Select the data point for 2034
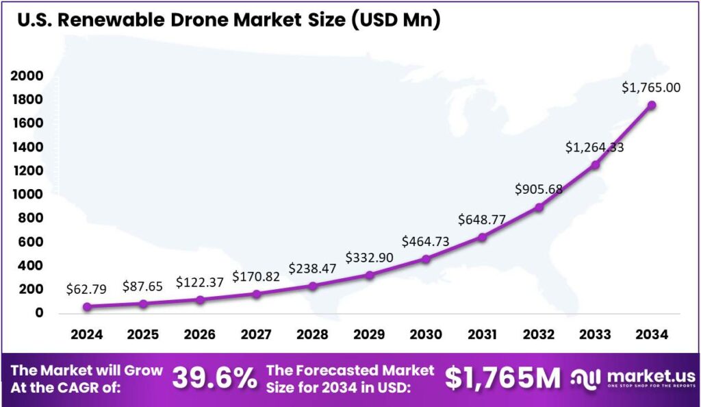tap(652, 105)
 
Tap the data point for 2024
tap(87, 306)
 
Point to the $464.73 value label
tap(426, 241)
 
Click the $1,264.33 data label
tap(594, 147)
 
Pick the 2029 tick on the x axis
tap(369, 334)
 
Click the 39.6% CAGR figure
tap(214, 378)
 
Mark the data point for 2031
tap(482, 237)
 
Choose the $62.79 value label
tap(87, 289)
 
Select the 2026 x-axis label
tap(200, 334)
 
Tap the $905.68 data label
tap(538, 189)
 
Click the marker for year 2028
tap(313, 286)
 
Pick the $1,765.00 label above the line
tap(651, 88)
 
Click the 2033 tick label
tap(595, 334)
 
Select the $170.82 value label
tap(256, 277)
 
